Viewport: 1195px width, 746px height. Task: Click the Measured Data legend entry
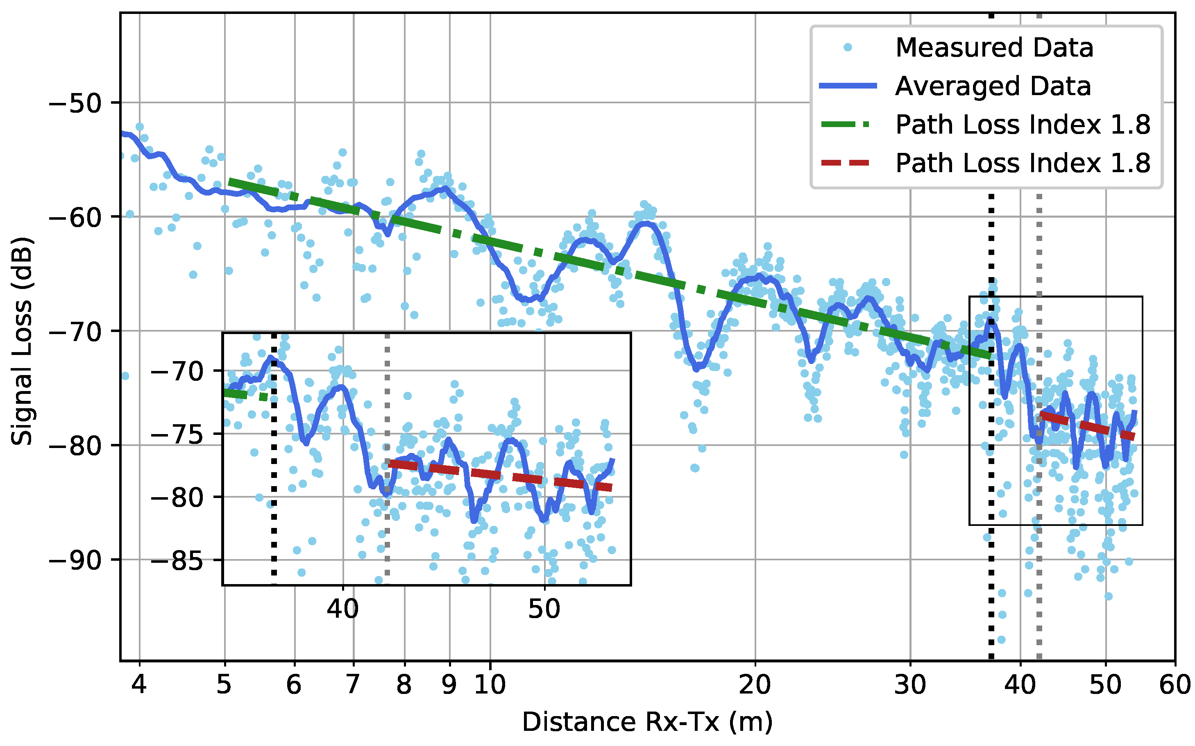coord(993,48)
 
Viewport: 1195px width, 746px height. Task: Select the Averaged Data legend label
coord(992,86)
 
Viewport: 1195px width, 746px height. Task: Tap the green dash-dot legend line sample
coord(846,124)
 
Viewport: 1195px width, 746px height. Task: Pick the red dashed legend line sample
coord(846,163)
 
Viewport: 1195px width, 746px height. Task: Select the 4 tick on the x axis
coord(140,685)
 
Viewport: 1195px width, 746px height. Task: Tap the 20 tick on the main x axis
coord(755,685)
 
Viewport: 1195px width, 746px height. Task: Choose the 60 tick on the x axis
coord(1175,685)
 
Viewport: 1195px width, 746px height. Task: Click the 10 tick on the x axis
coord(490,685)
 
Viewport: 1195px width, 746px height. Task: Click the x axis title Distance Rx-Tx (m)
coord(647,722)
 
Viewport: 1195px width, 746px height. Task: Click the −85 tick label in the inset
coord(177,561)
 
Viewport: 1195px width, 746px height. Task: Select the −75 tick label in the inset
coord(177,434)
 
